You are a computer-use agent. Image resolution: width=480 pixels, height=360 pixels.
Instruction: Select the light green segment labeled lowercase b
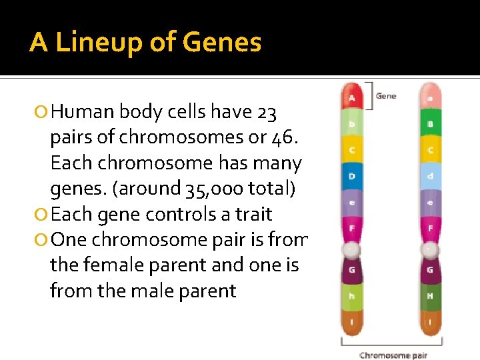click(x=352, y=125)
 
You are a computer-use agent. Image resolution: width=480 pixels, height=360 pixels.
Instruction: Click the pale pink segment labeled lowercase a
click(x=431, y=98)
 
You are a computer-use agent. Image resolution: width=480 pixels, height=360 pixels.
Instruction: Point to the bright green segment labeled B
click(x=431, y=125)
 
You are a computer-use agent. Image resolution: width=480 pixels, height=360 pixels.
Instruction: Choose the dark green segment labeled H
click(x=431, y=295)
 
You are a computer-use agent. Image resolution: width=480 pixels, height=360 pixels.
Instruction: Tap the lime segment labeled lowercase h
click(x=352, y=295)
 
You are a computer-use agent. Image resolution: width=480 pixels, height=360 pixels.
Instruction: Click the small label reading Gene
click(x=386, y=96)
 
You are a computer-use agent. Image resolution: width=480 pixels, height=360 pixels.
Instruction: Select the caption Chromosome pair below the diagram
click(x=393, y=355)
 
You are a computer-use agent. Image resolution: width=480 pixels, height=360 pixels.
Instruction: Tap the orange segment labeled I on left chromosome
click(x=352, y=323)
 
